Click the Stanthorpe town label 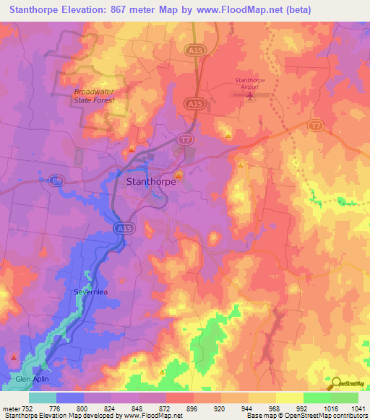pyautogui.click(x=151, y=183)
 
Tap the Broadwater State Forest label pyautogui.click(x=100, y=96)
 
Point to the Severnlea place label pyautogui.click(x=91, y=292)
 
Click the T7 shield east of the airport pyautogui.click(x=314, y=126)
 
